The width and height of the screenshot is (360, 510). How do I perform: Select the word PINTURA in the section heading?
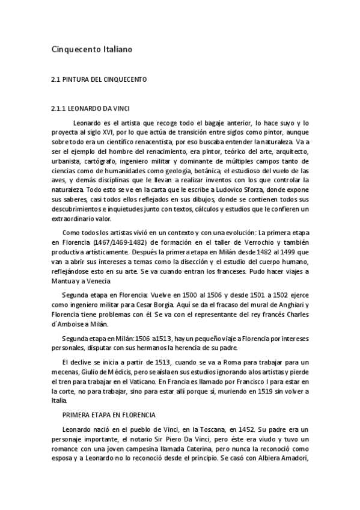coord(81,79)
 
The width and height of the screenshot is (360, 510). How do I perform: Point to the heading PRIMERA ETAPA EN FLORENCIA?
coord(109,415)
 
